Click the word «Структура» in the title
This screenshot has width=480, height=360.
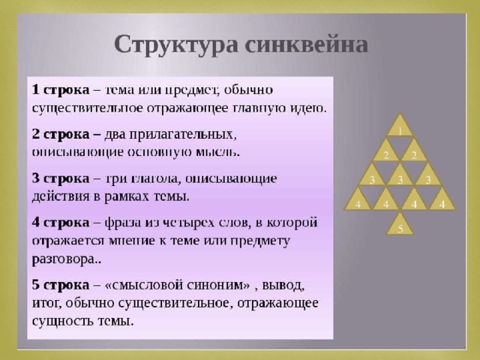176,45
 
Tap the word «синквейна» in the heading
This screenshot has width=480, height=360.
307,44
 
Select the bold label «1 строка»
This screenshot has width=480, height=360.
61,90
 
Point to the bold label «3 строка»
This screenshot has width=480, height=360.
61,178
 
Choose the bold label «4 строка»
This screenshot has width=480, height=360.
61,222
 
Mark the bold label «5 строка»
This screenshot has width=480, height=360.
61,285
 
